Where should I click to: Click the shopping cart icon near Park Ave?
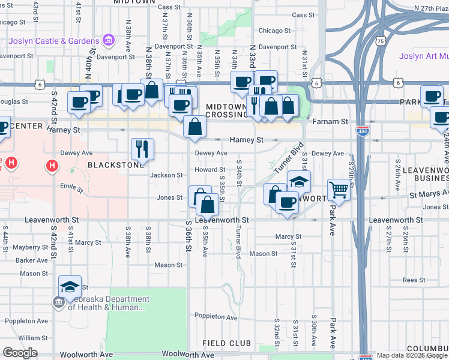[x=339, y=190]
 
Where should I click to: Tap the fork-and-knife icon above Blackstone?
[x=142, y=148]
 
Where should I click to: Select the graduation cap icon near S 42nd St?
[x=70, y=287]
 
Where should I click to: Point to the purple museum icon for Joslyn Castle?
[x=109, y=41]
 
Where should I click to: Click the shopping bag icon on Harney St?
[x=195, y=127]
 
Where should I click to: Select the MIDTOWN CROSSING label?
[x=226, y=110]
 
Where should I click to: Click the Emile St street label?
[x=71, y=188]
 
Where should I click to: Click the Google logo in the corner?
[x=20, y=353]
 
